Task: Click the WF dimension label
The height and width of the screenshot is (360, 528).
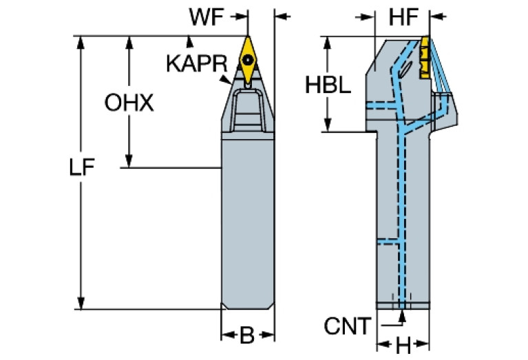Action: coord(208,18)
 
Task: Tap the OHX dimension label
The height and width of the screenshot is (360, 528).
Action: coord(129,103)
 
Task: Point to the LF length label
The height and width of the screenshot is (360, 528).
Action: coord(82,169)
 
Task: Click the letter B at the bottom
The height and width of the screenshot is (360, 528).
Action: coord(246,335)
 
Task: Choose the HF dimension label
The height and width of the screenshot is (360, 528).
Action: coord(403,18)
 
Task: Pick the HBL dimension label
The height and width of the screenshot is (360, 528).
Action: coord(328,85)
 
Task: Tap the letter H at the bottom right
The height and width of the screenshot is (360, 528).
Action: coord(403,343)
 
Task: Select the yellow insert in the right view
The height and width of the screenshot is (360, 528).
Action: coord(425,51)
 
